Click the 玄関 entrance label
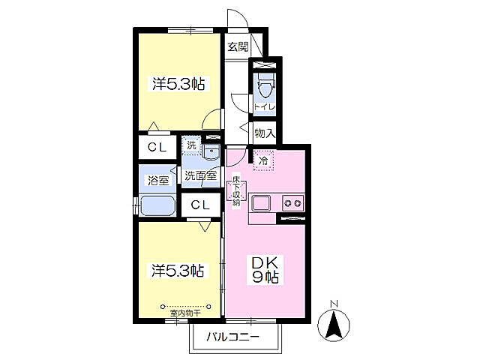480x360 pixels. [x=238, y=46]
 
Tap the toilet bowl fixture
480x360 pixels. [x=264, y=87]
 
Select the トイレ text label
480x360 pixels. [x=264, y=107]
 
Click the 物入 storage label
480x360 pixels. [x=264, y=133]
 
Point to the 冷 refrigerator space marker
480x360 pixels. [x=263, y=160]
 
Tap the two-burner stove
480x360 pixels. [x=291, y=203]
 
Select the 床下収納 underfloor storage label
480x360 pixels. [x=235, y=191]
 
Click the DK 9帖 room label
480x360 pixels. [x=265, y=271]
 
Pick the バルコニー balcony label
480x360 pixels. [x=233, y=337]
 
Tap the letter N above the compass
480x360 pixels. [x=334, y=304]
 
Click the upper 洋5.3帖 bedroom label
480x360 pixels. [x=179, y=84]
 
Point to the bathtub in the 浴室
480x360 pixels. [x=156, y=205]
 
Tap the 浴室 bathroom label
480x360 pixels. [x=157, y=180]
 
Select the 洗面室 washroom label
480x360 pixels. [x=201, y=175]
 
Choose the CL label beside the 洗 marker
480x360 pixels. [x=157, y=147]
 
